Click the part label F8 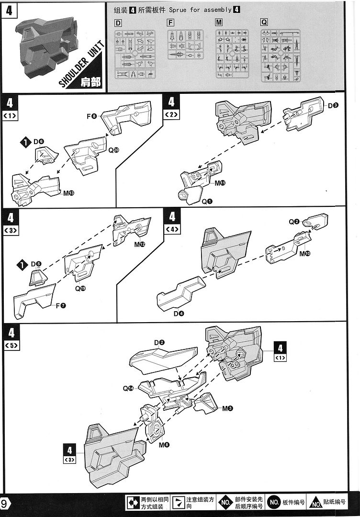click(92, 115)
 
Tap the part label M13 click(69, 193)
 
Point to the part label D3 click(333, 105)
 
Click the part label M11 click(220, 183)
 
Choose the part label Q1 click(207, 201)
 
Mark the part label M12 click(140, 244)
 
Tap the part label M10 click(305, 252)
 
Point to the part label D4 click(179, 314)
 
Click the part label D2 click(159, 342)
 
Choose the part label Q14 click(128, 388)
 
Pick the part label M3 click(227, 408)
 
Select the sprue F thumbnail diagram click(185, 45)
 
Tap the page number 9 click(4, 504)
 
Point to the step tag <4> click(172, 229)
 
